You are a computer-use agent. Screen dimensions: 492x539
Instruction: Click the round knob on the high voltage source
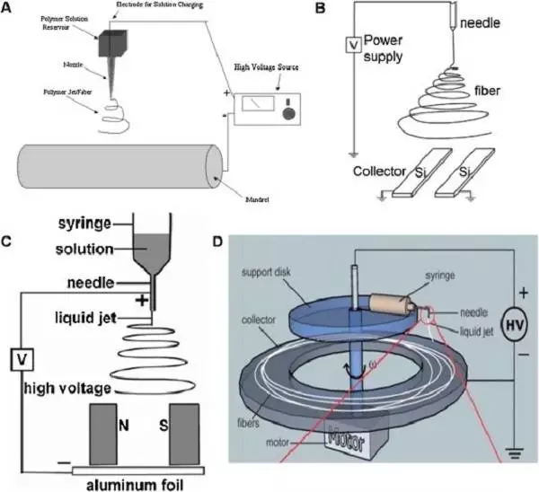coord(289,115)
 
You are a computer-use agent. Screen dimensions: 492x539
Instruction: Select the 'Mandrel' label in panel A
coord(263,193)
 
